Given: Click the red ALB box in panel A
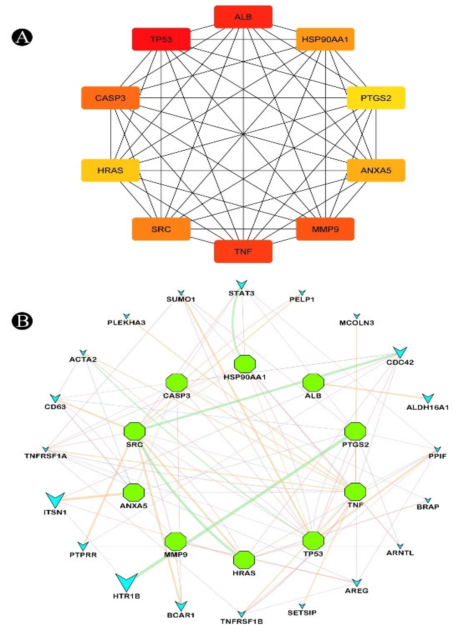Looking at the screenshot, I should (243, 17).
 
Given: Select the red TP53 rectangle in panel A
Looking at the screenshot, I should (161, 39).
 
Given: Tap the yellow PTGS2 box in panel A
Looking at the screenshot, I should (376, 98).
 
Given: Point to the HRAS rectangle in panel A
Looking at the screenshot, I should (110, 170).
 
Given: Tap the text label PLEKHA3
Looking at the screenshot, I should (126, 323).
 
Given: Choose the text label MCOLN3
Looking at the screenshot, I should (357, 323).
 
